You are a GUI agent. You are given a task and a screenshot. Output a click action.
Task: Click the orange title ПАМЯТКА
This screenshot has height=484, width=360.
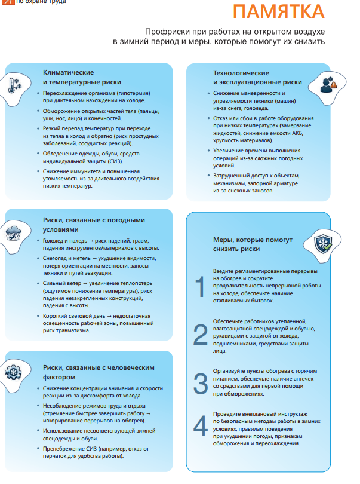pos(279,12)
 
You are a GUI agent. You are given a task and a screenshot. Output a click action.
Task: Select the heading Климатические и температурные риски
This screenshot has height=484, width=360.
pos(82,77)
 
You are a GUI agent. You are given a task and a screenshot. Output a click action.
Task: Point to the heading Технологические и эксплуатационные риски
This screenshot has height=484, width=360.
pos(257,77)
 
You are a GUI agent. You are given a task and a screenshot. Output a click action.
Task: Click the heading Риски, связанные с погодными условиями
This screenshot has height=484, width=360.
pos(94,225)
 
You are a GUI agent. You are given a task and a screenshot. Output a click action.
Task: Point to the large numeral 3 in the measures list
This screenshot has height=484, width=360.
pos(201,381)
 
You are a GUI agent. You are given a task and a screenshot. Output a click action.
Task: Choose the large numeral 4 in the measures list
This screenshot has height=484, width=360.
pos(201,425)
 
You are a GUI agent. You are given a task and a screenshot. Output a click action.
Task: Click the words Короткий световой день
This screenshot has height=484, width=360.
pos(71,315)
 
